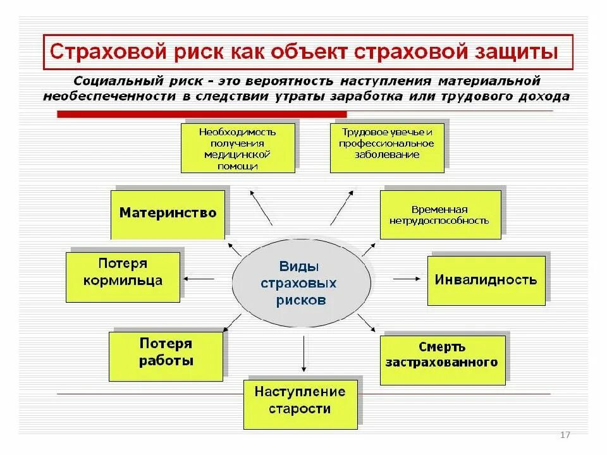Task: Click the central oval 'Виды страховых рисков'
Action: [x=301, y=282]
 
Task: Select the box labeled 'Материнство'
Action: [x=168, y=214]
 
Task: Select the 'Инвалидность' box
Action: [x=486, y=280]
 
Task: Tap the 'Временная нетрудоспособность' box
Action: [x=440, y=215]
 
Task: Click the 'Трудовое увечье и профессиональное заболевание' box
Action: [x=387, y=147]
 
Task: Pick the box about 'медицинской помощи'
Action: [x=238, y=148]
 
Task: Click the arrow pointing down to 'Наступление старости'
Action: [x=304, y=355]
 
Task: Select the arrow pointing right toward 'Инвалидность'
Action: [x=407, y=278]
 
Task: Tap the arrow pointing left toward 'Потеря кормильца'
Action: [x=199, y=278]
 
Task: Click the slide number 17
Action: [x=565, y=435]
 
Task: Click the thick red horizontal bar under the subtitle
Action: [x=202, y=114]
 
